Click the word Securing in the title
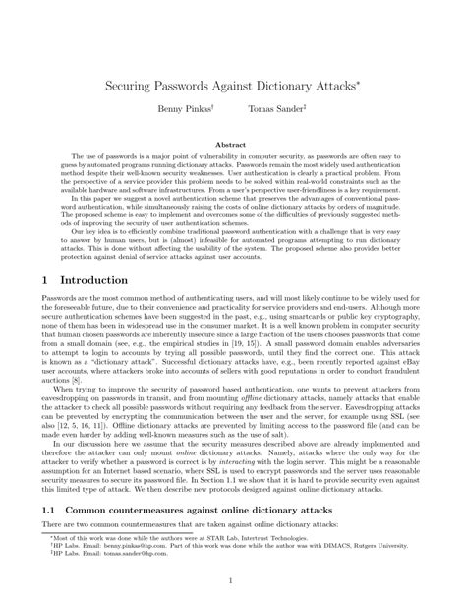(136, 86)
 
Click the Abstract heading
(233, 144)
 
